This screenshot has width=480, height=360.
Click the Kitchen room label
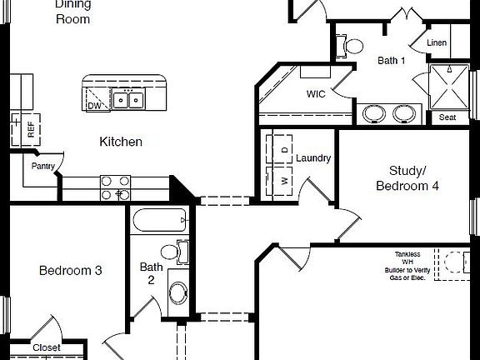click(x=121, y=142)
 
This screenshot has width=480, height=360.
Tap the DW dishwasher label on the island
click(x=94, y=105)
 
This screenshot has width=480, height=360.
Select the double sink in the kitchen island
click(x=127, y=101)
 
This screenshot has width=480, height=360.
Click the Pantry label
click(x=43, y=166)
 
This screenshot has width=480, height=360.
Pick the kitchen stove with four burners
click(x=116, y=187)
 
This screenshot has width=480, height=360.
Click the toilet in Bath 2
click(x=172, y=251)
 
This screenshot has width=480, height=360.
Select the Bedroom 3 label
click(x=71, y=270)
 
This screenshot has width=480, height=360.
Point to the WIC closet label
click(x=316, y=94)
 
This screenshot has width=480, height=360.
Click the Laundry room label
click(x=313, y=157)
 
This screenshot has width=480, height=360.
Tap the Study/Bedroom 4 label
click(x=407, y=178)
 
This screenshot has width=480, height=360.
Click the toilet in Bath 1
click(x=353, y=46)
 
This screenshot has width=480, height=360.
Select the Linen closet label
click(x=437, y=42)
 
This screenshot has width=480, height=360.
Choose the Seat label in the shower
click(x=447, y=117)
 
